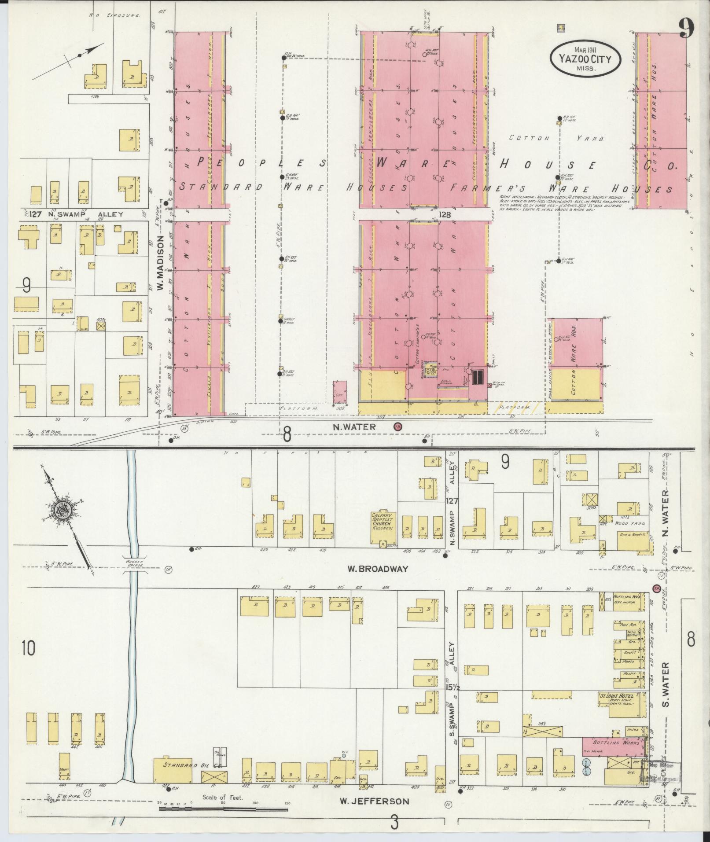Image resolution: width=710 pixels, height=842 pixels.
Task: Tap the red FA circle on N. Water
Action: click(x=398, y=427)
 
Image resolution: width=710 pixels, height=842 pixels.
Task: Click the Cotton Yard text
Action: click(x=556, y=138)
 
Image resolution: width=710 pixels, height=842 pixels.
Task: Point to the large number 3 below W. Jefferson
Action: click(x=395, y=821)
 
